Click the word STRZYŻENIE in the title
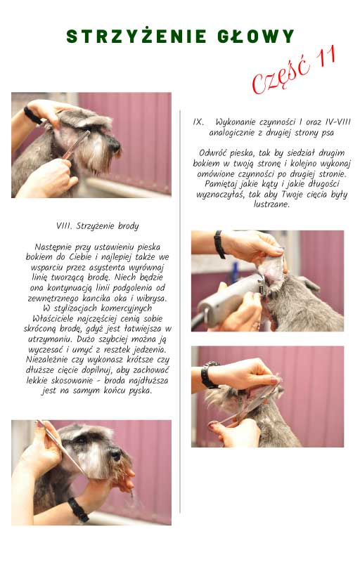pos(136,37)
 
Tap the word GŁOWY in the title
pos(256,37)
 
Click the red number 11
pos(326,57)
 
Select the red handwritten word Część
pos(281,76)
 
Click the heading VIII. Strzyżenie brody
pos(98,226)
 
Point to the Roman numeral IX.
pos(198,122)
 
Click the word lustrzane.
pos(271,204)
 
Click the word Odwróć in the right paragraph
pos(213,153)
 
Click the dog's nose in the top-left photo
pos(115,145)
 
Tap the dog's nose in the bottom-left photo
pos(116,455)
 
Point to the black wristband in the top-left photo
pos(32,115)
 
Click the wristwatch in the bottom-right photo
pos(209,375)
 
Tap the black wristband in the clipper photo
pos(219,244)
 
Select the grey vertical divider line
pos(179,311)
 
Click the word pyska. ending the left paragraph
pos(140,391)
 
